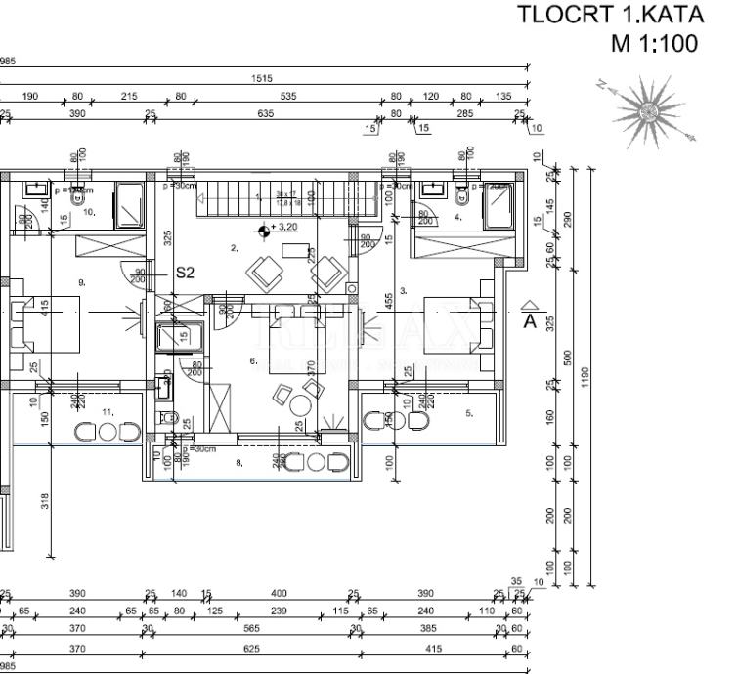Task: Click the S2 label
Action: pos(185,273)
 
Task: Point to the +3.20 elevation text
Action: pos(285,228)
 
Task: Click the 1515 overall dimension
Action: pos(262,79)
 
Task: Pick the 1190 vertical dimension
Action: pos(585,377)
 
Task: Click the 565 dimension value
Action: pos(251,630)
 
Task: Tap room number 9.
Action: pos(82,281)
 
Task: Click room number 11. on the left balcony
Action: pos(108,412)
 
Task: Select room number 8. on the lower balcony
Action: pos(238,462)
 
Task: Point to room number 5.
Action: pos(468,413)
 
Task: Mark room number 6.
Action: pos(253,361)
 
